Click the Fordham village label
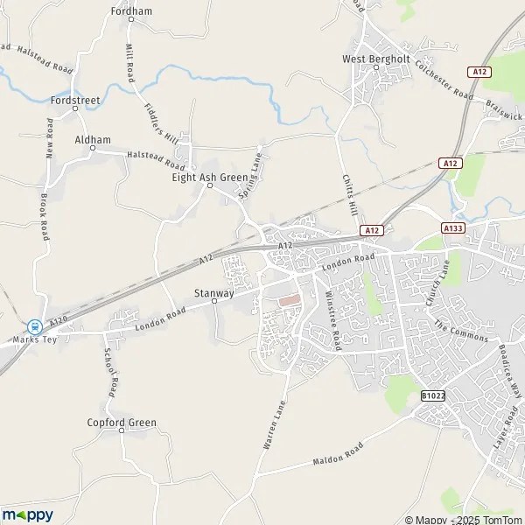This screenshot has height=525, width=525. (x=132, y=11)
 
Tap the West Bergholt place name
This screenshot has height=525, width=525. (x=376, y=59)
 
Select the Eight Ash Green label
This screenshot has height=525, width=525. (x=210, y=177)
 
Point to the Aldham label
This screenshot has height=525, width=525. (x=93, y=140)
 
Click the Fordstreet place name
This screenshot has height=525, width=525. (x=76, y=101)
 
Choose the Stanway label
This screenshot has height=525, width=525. (x=213, y=294)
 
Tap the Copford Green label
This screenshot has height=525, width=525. (x=122, y=423)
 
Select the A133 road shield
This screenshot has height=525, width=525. (x=452, y=228)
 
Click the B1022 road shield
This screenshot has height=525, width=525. (x=432, y=396)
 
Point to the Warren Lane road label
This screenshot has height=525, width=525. (x=274, y=424)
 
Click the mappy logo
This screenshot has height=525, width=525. (x=27, y=514)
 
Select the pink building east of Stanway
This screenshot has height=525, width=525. (x=288, y=300)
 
